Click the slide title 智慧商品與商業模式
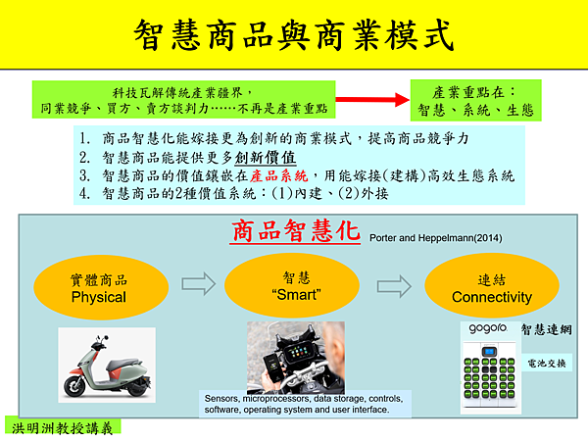point(294,35)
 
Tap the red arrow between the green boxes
point(372,99)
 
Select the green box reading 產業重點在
point(476,101)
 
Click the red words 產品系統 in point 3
point(278,175)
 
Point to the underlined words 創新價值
point(266,158)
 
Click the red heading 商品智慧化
point(296,230)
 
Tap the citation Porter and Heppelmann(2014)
point(436,238)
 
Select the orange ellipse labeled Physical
point(101,287)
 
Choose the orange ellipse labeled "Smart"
point(292,285)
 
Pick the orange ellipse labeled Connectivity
point(492,286)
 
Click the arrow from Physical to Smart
point(199,284)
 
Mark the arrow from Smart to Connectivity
point(394,286)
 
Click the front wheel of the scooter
point(74,385)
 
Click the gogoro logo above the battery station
point(488,328)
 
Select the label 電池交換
point(547,363)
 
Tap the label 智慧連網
point(547,329)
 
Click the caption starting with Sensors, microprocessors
point(305,404)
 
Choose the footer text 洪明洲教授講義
point(63,428)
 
